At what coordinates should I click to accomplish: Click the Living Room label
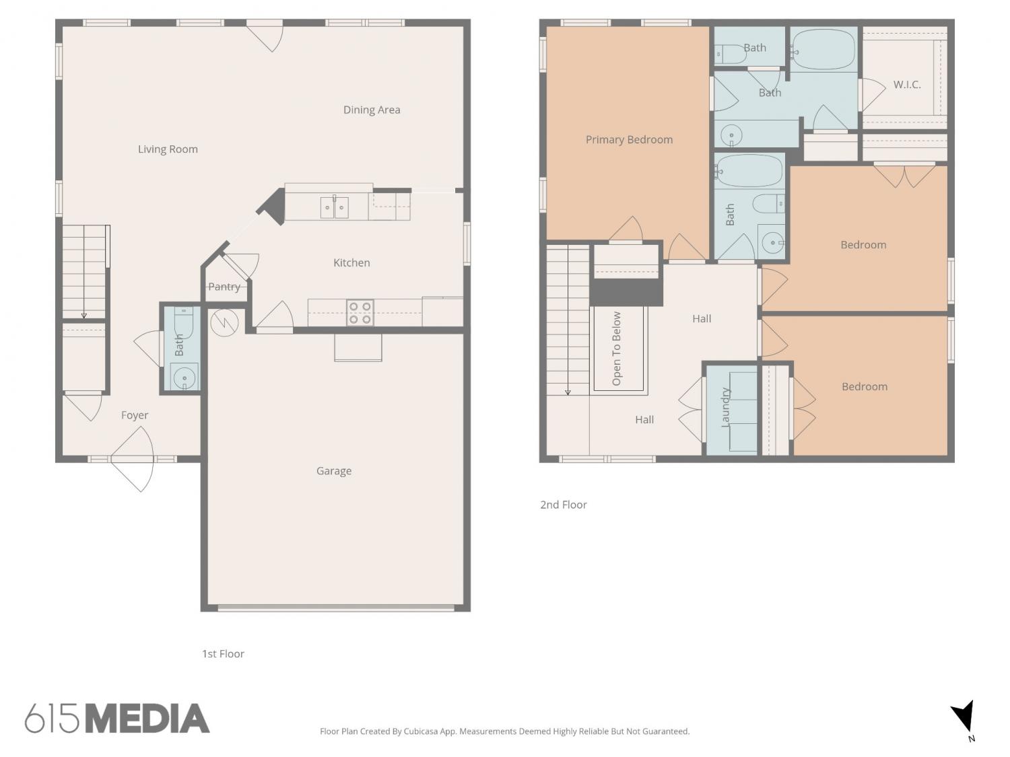[168, 149]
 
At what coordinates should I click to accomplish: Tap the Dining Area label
[371, 110]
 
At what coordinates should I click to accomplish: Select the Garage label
[333, 470]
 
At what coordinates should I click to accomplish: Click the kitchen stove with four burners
[360, 313]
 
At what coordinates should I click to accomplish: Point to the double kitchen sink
[334, 207]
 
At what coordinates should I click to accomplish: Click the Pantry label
[224, 287]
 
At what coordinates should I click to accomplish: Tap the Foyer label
[135, 415]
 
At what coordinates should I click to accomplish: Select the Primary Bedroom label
[628, 139]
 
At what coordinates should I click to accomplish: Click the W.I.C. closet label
[906, 85]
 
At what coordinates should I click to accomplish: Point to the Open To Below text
[616, 349]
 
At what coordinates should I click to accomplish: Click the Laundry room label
[725, 407]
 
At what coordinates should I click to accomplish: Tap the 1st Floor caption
[223, 653]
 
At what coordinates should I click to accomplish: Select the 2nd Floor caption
[563, 505]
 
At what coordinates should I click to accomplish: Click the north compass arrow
[963, 716]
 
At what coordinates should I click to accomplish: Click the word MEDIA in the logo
[147, 719]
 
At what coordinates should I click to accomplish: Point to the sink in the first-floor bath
[184, 377]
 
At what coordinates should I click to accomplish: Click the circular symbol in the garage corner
[224, 322]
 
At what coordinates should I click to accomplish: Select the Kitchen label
[351, 262]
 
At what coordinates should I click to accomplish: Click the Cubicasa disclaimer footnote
[505, 731]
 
